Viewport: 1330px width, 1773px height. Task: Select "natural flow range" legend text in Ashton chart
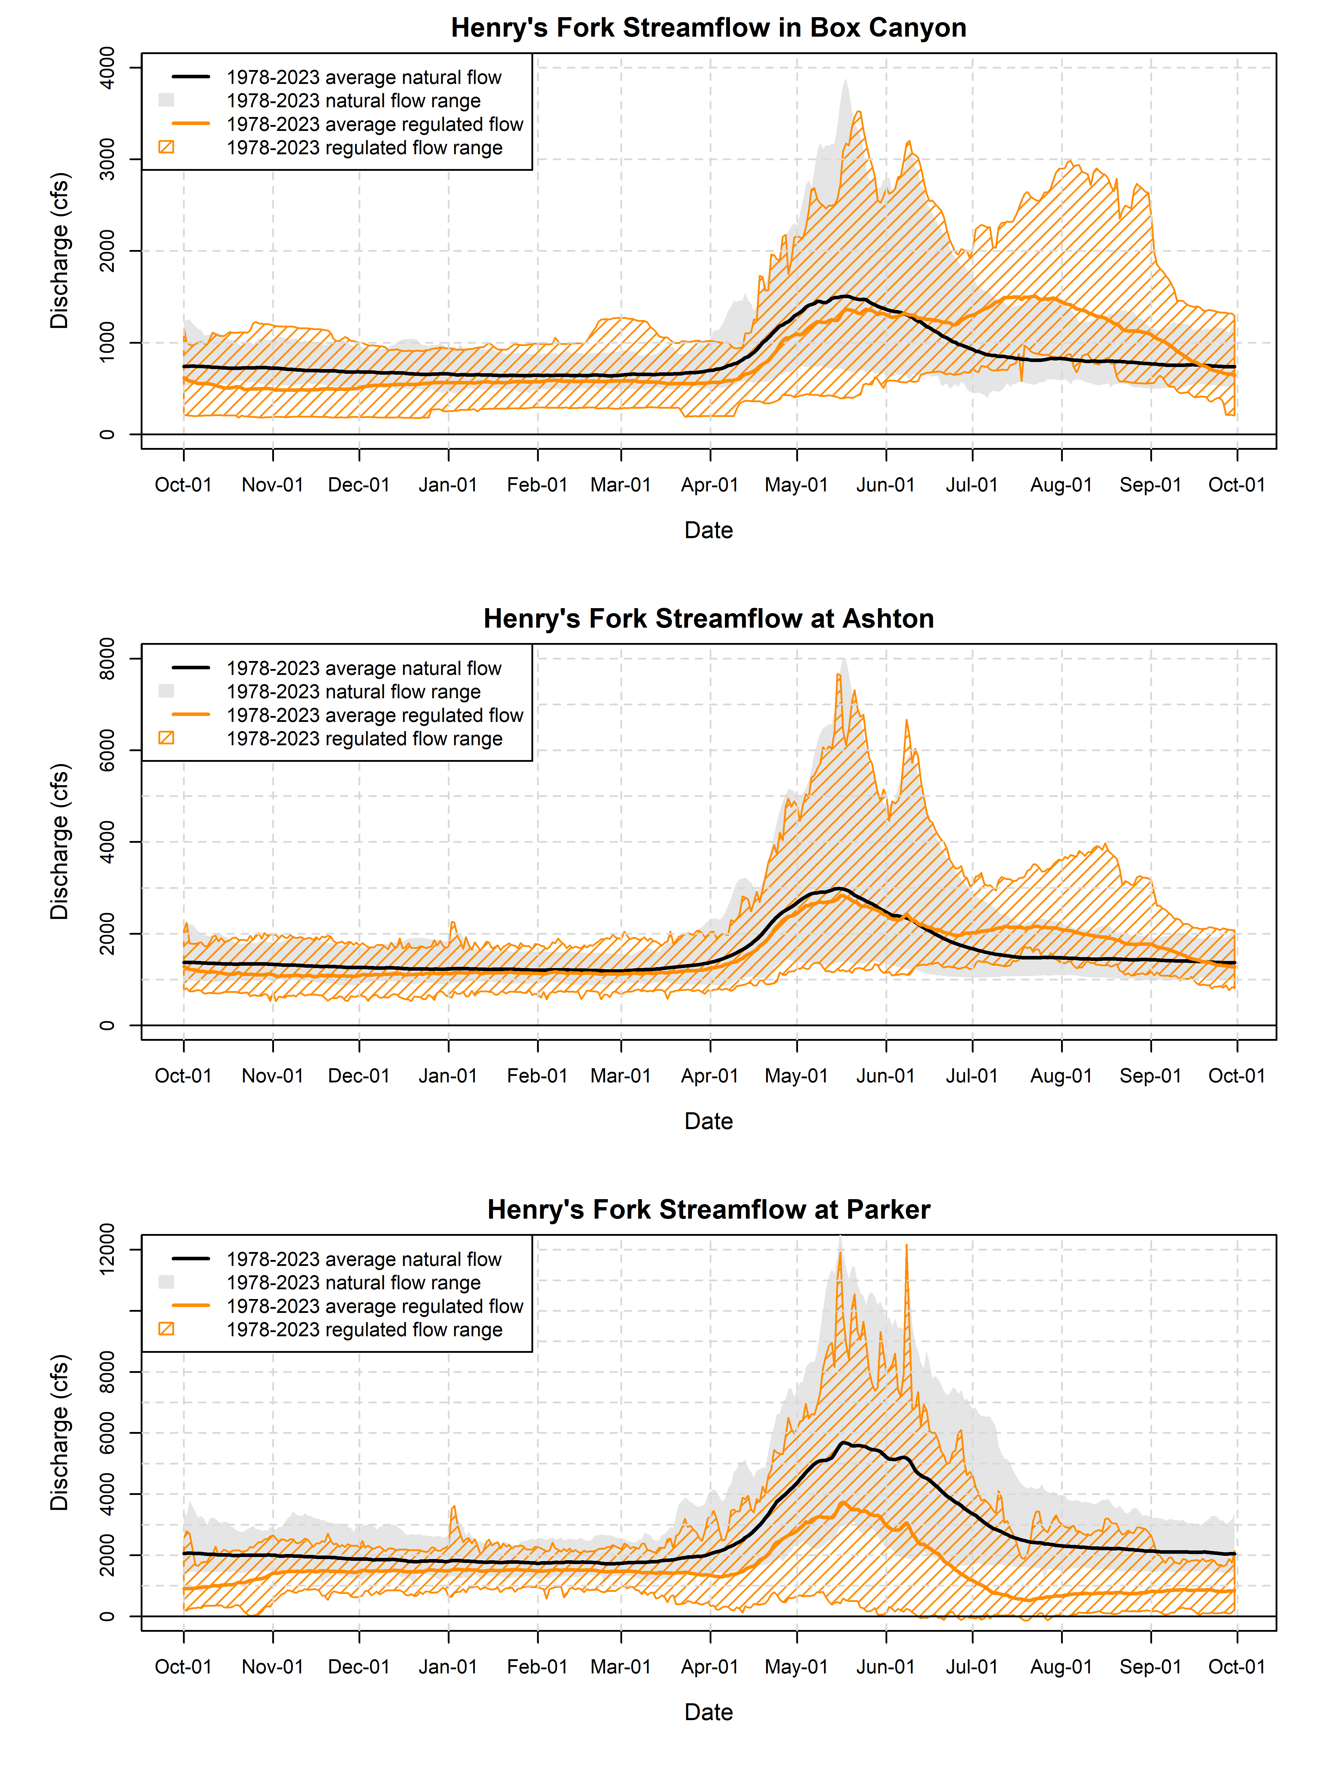click(x=353, y=692)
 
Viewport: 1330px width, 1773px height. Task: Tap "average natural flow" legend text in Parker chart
click(x=364, y=1259)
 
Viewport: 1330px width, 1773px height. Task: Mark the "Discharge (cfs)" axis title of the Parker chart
click(x=60, y=1432)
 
